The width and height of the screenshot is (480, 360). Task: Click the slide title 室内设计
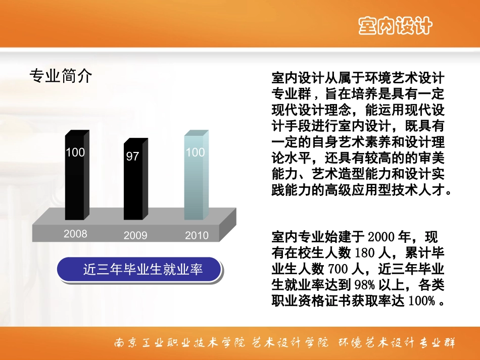pyautogui.click(x=395, y=25)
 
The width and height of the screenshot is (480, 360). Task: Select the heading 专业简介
pyautogui.click(x=61, y=76)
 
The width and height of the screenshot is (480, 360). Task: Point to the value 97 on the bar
pyautogui.click(x=132, y=156)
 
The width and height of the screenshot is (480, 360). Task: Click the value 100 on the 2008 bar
pyautogui.click(x=75, y=152)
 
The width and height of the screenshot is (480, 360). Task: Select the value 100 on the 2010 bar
pyautogui.click(x=195, y=152)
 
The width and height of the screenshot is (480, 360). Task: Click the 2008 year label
pyautogui.click(x=75, y=234)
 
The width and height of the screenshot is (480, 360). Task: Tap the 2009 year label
pyautogui.click(x=135, y=235)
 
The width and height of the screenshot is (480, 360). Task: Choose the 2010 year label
pyautogui.click(x=197, y=235)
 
